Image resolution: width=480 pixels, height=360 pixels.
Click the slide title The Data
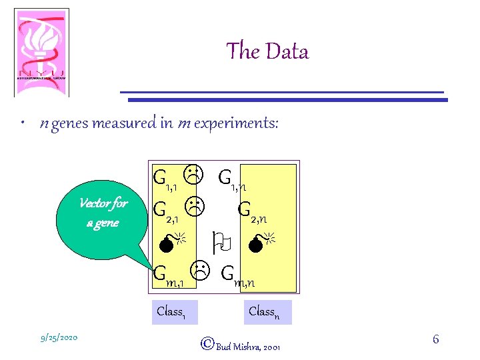pyautogui.click(x=267, y=51)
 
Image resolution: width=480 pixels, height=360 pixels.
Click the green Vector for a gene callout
pyautogui.click(x=103, y=213)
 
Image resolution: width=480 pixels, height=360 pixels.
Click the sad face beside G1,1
pyautogui.click(x=193, y=175)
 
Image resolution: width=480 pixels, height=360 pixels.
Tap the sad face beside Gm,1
pyautogui.click(x=201, y=270)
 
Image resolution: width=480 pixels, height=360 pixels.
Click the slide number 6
pyautogui.click(x=436, y=340)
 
